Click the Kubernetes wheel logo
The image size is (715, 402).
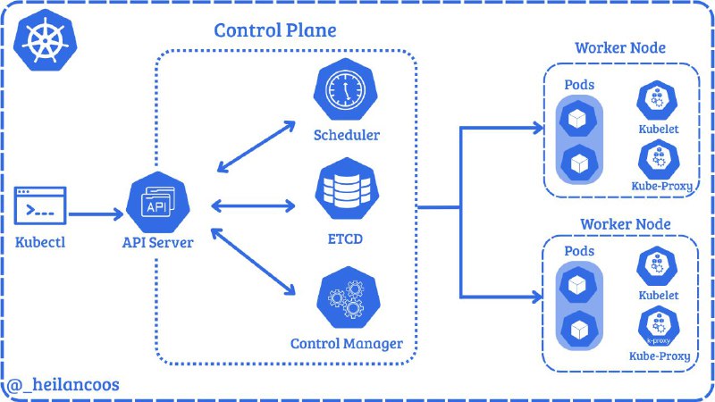coord(46,40)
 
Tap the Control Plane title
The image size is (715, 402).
coord(275,30)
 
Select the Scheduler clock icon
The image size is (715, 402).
coord(345,89)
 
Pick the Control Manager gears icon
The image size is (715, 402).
coord(348,297)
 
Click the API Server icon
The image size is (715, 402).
coord(157,203)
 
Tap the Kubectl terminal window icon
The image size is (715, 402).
coord(40,205)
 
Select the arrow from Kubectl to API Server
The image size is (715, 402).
coord(96,214)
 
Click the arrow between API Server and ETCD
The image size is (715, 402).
coord(253,206)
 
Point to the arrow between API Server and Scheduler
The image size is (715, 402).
coord(257,147)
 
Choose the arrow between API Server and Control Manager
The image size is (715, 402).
coord(254,262)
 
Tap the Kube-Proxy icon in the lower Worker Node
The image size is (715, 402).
coord(659,327)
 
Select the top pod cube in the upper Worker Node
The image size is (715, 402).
coord(578,119)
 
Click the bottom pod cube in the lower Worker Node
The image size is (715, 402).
coord(579,330)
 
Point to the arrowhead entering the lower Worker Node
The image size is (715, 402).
coord(537,297)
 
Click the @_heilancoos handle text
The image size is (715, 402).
coord(63,385)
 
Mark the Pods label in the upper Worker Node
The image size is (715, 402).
coord(579,85)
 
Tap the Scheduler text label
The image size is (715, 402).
coord(347,135)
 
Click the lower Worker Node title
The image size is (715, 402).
coord(625,224)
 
